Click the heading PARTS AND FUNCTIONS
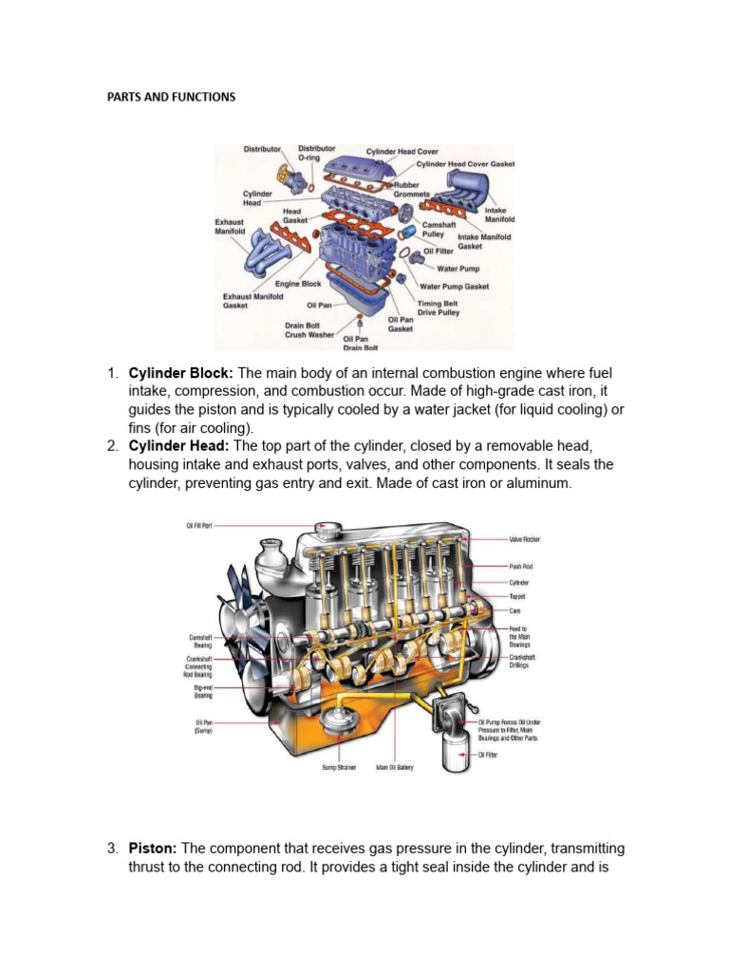(x=171, y=97)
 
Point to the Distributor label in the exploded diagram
(x=262, y=149)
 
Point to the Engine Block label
(x=297, y=284)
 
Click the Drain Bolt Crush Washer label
(x=309, y=329)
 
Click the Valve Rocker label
(x=525, y=538)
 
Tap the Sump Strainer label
(x=339, y=767)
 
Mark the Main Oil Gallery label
(x=395, y=767)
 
